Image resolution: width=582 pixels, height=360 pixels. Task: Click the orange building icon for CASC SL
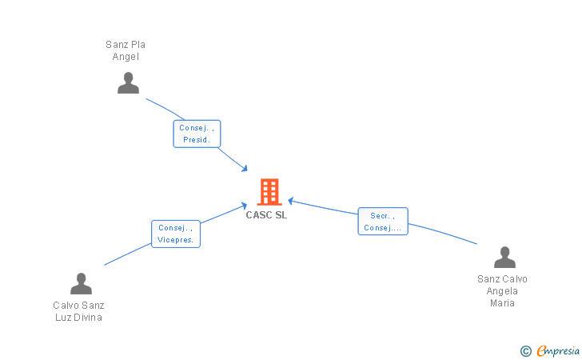(x=269, y=192)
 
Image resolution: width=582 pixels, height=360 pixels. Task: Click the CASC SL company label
(x=266, y=215)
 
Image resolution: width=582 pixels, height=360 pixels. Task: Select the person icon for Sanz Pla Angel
(x=128, y=83)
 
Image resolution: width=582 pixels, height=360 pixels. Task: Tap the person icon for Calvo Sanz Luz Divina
(x=81, y=284)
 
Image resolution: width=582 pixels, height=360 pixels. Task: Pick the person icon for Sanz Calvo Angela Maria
(x=504, y=257)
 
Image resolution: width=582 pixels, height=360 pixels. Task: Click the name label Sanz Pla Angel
(x=126, y=50)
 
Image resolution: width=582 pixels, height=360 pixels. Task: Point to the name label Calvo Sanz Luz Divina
(x=78, y=311)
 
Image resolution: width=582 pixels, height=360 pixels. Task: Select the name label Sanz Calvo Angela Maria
(x=502, y=291)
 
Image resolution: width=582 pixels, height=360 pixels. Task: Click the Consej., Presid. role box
(x=197, y=134)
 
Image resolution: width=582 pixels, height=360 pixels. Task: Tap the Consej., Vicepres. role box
(x=176, y=234)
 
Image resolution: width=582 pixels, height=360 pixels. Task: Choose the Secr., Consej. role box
(x=383, y=222)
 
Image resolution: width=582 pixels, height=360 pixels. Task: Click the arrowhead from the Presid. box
(x=245, y=169)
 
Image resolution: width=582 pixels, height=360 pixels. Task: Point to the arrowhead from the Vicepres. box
(x=244, y=206)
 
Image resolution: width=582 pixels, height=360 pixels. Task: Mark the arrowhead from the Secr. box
(x=291, y=201)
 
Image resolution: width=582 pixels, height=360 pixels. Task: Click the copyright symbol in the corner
(x=525, y=351)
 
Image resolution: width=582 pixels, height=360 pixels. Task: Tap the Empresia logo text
(x=558, y=350)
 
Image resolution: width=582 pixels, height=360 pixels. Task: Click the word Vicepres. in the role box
(x=176, y=240)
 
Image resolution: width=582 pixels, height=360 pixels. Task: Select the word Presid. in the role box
(x=197, y=140)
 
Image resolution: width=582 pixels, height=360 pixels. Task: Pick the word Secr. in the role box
(x=380, y=216)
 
